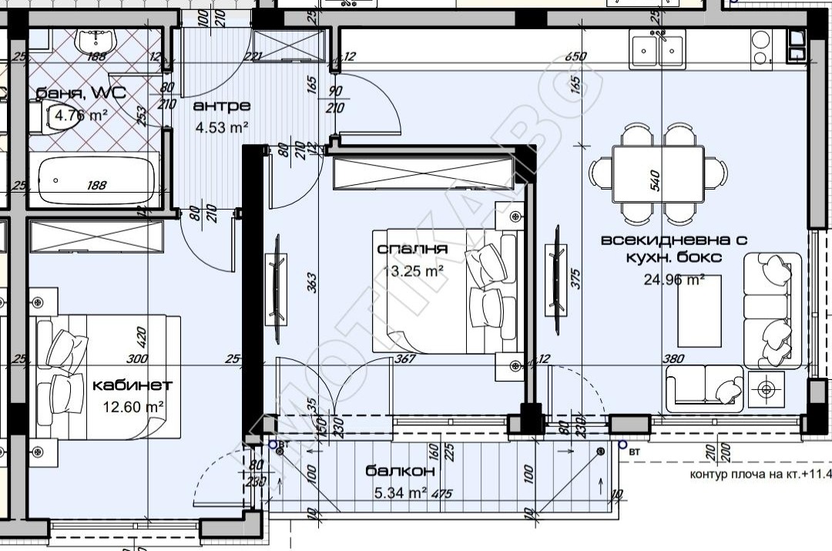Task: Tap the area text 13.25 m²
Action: [x=413, y=270]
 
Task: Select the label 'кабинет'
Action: [x=132, y=385]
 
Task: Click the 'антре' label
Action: [x=222, y=106]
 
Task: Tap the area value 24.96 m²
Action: [x=674, y=279]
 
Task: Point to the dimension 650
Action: [x=575, y=57]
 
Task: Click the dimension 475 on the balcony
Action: [x=441, y=494]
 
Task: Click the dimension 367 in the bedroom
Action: [x=404, y=358]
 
